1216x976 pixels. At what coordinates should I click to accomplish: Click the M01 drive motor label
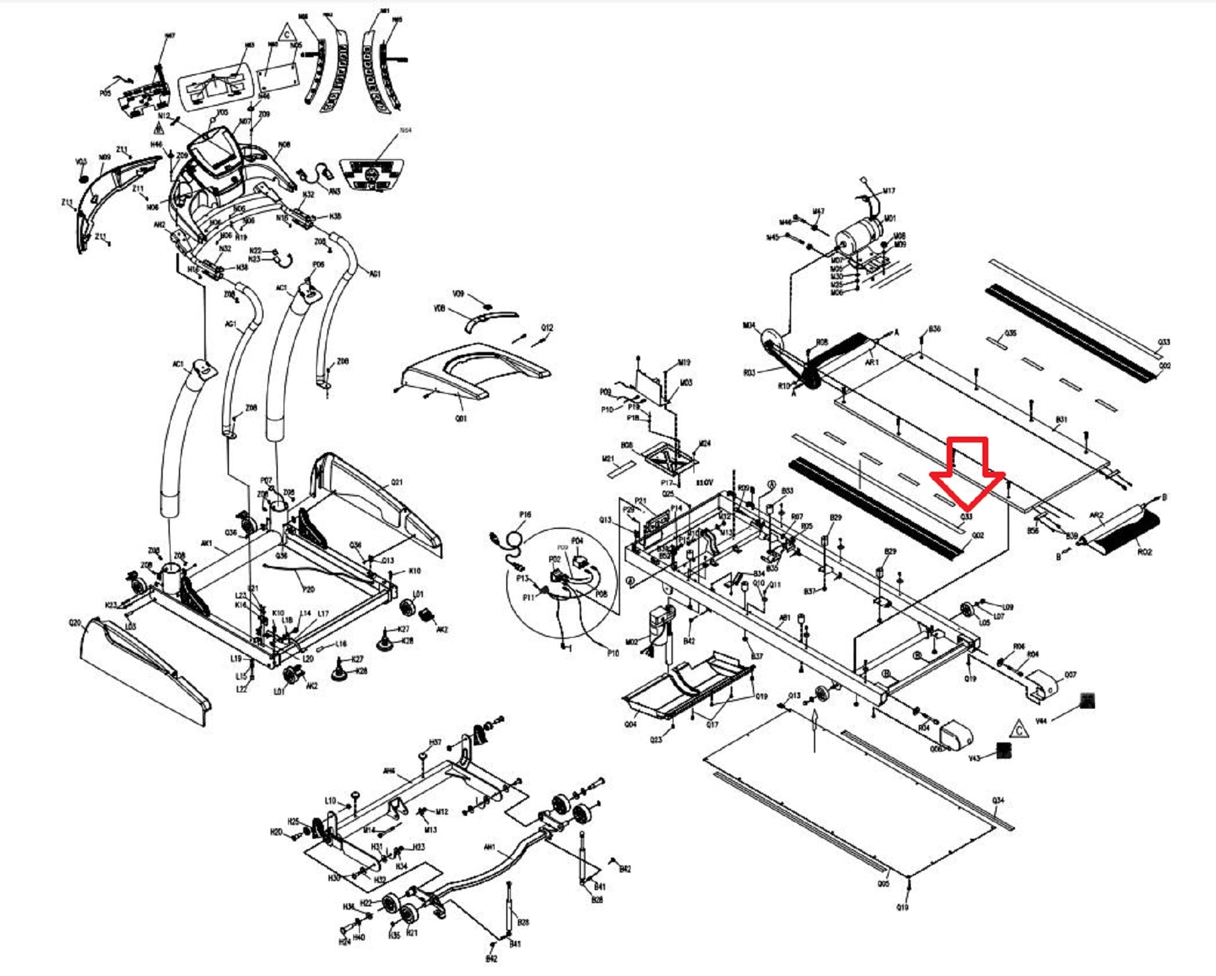click(889, 219)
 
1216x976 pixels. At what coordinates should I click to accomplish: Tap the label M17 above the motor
click(889, 191)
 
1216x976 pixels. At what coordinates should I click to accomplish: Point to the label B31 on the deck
click(1061, 420)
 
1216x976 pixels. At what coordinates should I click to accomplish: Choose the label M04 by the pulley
click(749, 325)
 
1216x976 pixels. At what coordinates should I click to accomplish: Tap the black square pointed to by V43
click(1004, 751)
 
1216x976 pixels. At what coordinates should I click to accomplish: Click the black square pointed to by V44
click(1087, 701)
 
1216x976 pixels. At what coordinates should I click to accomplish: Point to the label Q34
click(998, 800)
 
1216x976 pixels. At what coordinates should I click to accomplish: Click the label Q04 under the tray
click(630, 724)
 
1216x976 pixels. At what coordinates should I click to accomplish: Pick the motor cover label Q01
click(461, 418)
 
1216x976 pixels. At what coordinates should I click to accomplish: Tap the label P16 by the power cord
click(525, 515)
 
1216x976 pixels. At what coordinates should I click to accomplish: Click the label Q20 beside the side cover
click(75, 623)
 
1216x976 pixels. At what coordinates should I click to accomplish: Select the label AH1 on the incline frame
click(490, 847)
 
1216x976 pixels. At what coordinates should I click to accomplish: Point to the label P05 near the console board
click(105, 94)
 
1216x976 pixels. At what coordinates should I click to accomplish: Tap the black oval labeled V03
click(83, 178)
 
